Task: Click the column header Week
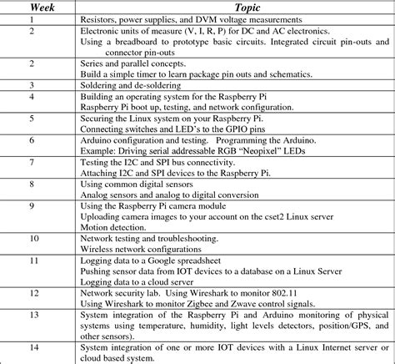coord(31,7)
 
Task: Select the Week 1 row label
coord(31,18)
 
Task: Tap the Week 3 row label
coord(31,86)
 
